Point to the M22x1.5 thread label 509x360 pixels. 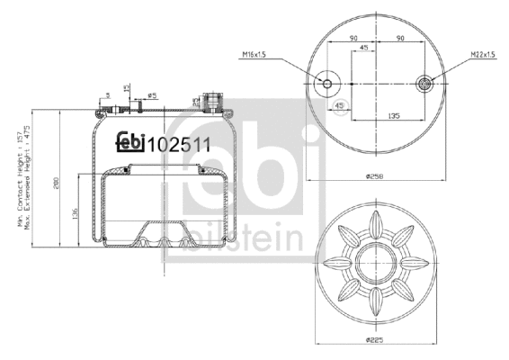483,57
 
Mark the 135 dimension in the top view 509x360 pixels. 393,115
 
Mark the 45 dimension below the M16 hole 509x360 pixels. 340,106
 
